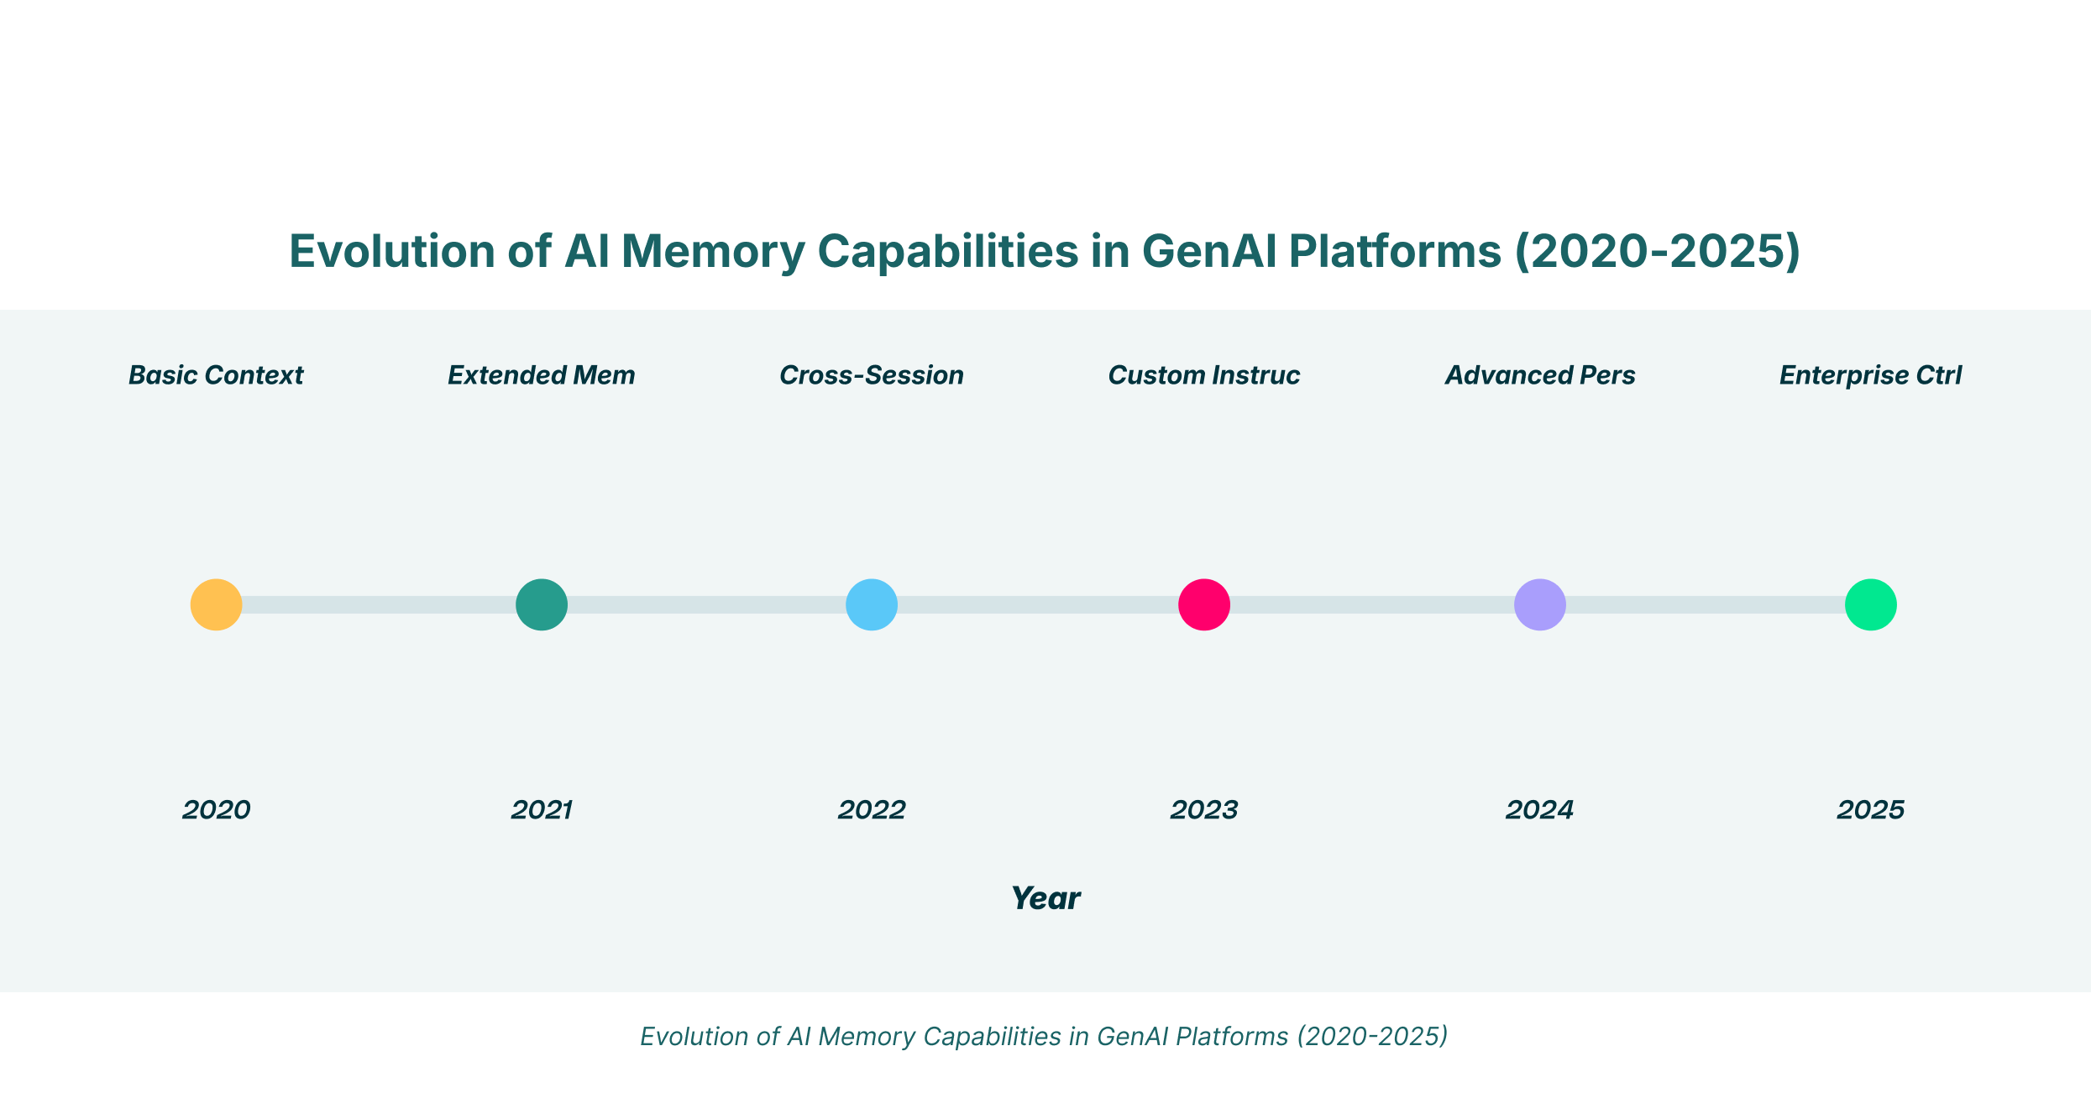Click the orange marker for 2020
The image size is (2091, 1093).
click(x=216, y=604)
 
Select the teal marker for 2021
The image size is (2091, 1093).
click(x=542, y=604)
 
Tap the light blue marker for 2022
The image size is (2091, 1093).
click(x=872, y=604)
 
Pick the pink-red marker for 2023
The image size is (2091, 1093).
click(x=1204, y=604)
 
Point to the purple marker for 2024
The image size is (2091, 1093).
click(x=1540, y=604)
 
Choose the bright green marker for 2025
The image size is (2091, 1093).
click(x=1871, y=604)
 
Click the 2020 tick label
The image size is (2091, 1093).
click(x=216, y=810)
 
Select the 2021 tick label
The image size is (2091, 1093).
click(x=542, y=810)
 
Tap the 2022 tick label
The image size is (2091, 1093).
click(x=872, y=810)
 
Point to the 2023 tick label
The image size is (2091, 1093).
click(x=1204, y=810)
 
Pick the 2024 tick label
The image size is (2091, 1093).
click(x=1540, y=810)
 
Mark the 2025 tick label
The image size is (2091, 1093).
click(x=1871, y=810)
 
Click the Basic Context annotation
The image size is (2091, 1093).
click(x=216, y=375)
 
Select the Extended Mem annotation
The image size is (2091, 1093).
click(x=542, y=375)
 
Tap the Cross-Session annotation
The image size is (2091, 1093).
click(x=872, y=375)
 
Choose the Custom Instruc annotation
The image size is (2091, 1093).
click(x=1204, y=375)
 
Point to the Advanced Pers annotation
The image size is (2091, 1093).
click(x=1540, y=375)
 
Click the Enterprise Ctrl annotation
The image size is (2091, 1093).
click(x=1871, y=375)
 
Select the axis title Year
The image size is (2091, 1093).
click(x=1045, y=899)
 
